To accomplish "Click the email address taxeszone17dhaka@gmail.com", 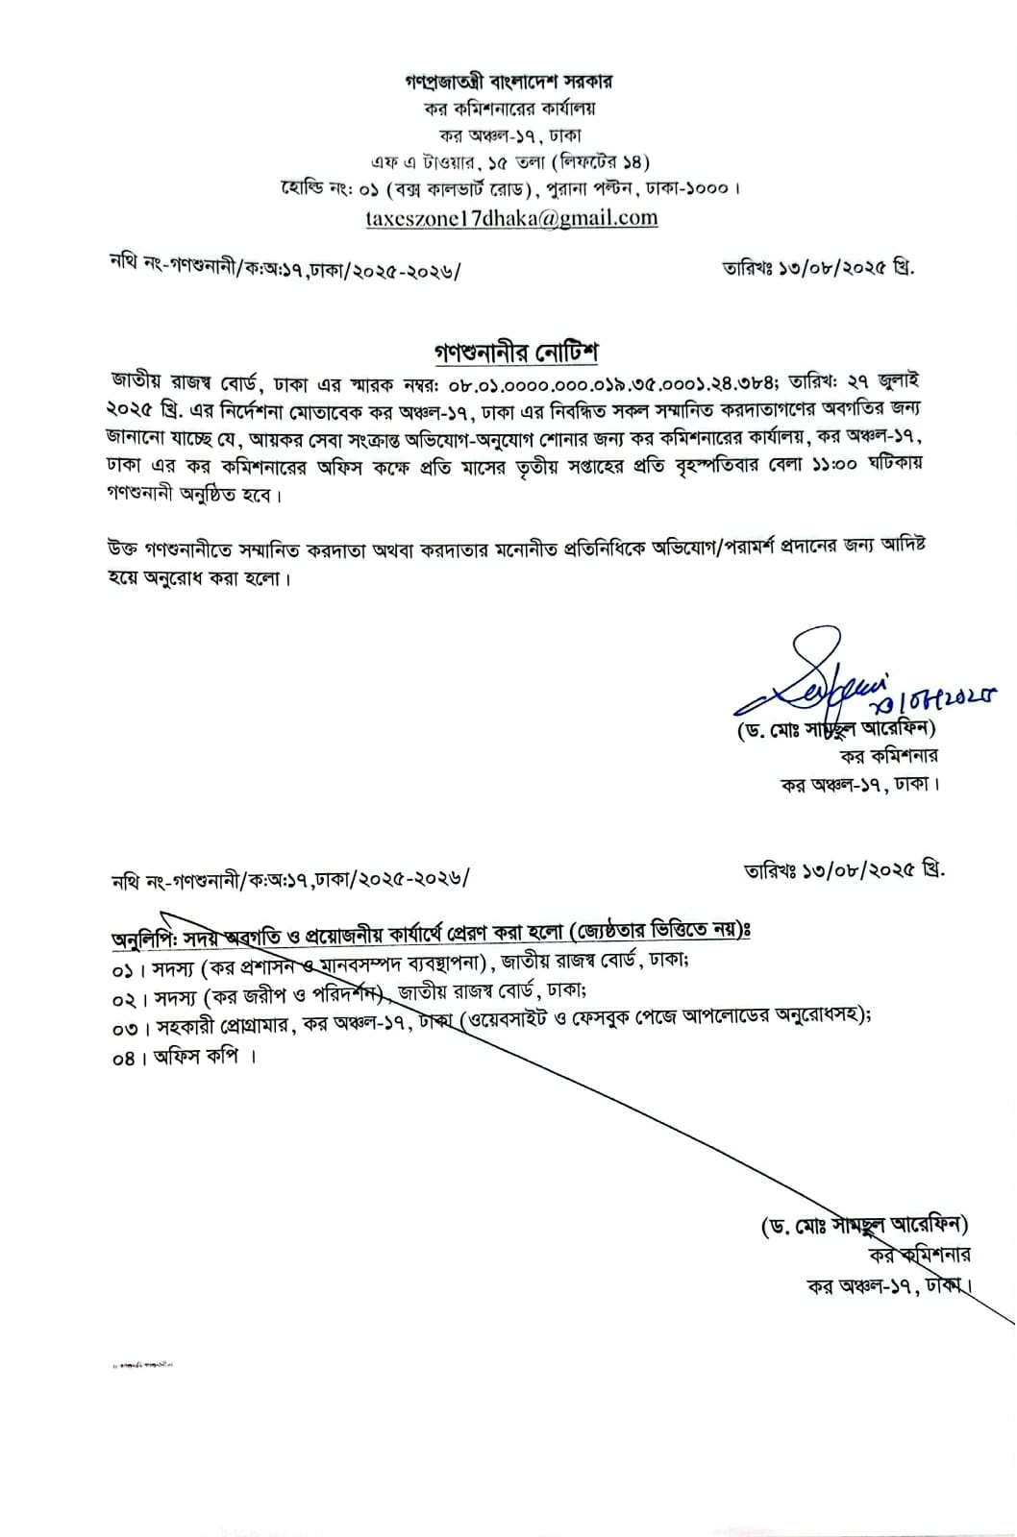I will click(511, 218).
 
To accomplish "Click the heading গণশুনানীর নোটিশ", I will click(515, 353).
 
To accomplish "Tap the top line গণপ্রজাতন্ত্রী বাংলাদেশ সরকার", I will click(509, 83).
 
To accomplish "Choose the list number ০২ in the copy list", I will click(123, 999).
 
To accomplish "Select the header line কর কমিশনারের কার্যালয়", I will click(510, 110).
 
